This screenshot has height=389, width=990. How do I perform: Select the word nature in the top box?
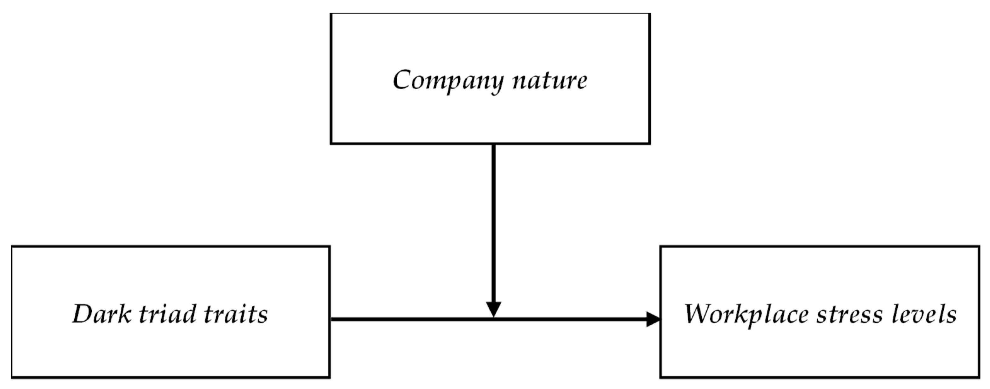click(550, 81)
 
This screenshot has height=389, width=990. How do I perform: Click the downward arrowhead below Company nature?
click(493, 309)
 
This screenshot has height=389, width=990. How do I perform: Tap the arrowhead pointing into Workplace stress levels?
click(653, 319)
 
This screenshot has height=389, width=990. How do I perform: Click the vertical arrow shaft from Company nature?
click(493, 223)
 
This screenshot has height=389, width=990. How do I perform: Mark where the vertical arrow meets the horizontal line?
click(493, 319)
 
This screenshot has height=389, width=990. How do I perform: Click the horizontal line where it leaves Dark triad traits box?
click(332, 319)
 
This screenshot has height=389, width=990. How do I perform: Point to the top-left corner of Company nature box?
click(331, 14)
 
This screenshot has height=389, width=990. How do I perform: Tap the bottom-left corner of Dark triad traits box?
click(12, 377)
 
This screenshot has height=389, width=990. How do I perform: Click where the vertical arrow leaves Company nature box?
click(493, 145)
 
